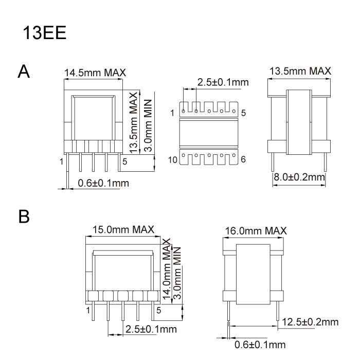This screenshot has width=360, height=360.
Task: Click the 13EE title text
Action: tap(45, 32)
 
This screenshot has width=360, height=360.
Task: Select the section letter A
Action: tap(24, 71)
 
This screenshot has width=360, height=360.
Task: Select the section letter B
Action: tap(24, 217)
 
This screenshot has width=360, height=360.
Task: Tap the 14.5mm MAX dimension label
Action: tap(95, 73)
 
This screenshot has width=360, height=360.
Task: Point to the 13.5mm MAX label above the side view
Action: tap(300, 71)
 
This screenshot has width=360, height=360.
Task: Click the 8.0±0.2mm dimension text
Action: tap(299, 177)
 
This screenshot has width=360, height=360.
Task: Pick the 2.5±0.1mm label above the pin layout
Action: tap(223, 82)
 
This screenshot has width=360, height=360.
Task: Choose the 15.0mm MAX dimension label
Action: tap(123, 229)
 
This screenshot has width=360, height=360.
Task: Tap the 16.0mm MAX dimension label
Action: tap(256, 231)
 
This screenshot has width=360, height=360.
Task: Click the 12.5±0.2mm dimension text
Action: tap(310, 322)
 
